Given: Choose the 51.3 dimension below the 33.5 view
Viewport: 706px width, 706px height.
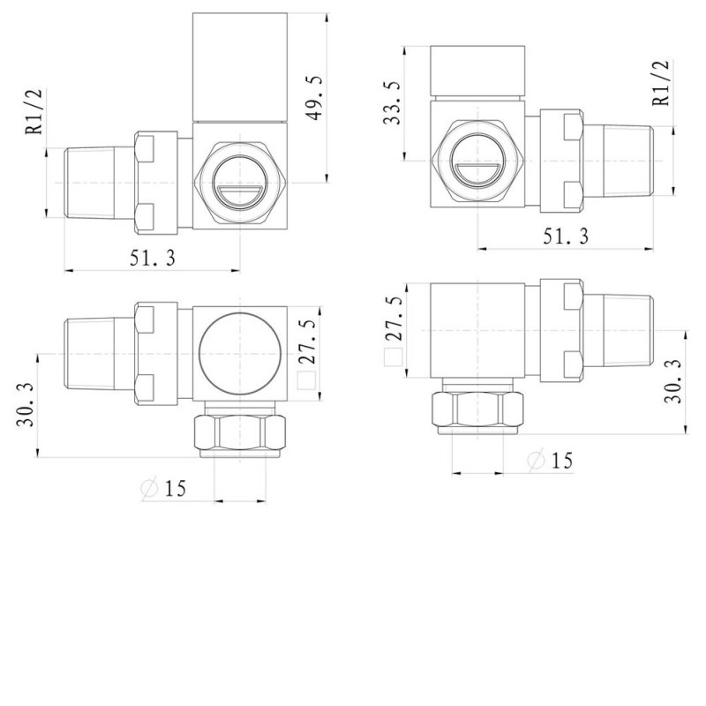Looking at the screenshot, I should (563, 236).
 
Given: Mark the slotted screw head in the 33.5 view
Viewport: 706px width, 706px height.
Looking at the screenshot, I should (477, 163).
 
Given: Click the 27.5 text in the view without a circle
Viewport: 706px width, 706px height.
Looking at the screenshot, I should (394, 320).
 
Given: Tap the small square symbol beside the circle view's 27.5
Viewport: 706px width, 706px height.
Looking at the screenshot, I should (307, 380).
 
